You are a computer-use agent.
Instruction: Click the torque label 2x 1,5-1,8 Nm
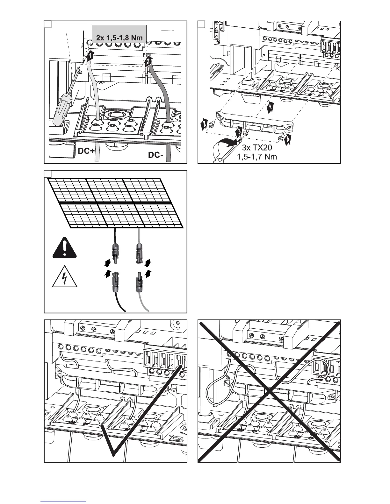[x=119, y=38]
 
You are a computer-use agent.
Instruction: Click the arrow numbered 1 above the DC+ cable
[x=90, y=56]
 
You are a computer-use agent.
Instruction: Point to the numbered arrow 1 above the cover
[x=269, y=107]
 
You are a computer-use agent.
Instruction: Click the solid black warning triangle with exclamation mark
[x=65, y=248]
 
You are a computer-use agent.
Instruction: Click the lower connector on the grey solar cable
[x=139, y=280]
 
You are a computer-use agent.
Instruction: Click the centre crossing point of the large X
[x=270, y=390]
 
